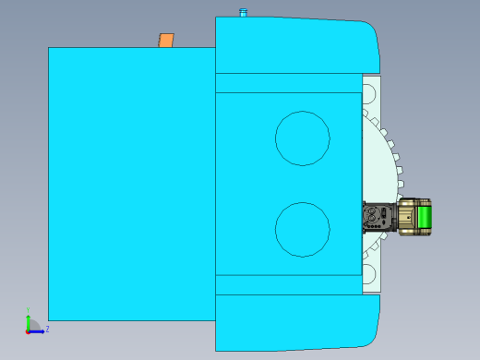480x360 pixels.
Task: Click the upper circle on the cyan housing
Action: coord(303,138)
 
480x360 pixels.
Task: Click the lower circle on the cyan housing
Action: coord(303,229)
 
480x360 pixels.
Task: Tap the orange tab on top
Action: coord(166,41)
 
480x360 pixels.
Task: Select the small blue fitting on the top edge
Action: coord(244,13)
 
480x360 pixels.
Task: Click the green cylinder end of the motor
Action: coord(426,219)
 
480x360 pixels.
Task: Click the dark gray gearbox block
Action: coord(378,217)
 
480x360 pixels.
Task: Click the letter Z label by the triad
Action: coord(47,329)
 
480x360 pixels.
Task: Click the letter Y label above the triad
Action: coord(29,310)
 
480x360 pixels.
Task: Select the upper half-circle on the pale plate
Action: coord(370,93)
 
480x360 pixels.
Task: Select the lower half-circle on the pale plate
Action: coord(370,275)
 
